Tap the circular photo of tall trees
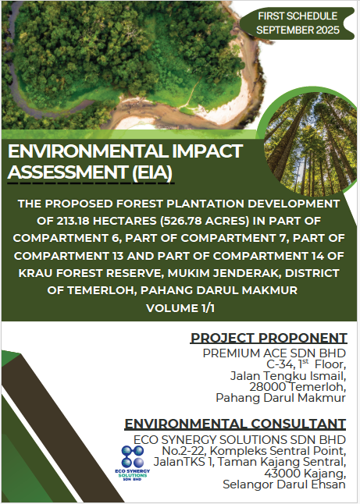click(x=308, y=143)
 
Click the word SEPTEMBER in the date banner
click(x=280, y=30)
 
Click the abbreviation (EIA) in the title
click(x=152, y=172)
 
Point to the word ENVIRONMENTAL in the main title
click(x=87, y=151)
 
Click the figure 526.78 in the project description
click(x=185, y=221)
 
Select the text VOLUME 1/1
click(x=180, y=308)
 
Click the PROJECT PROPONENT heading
click(x=269, y=338)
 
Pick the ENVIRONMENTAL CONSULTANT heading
click(x=235, y=424)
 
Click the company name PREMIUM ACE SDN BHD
click(x=274, y=353)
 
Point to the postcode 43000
click(x=282, y=473)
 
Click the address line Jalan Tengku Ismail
click(x=288, y=376)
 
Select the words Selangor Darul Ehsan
click(x=284, y=484)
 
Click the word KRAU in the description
click(x=35, y=273)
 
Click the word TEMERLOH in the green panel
click(x=103, y=290)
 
